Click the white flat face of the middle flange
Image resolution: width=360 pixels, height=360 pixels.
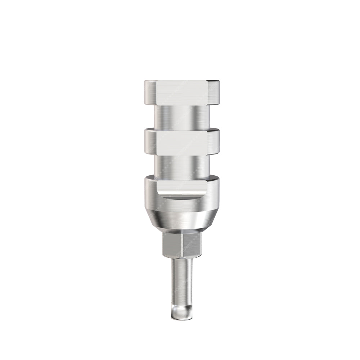point(182,142)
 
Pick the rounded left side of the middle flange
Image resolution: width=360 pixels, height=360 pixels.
point(150,142)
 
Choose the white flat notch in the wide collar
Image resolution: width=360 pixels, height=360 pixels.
point(182,186)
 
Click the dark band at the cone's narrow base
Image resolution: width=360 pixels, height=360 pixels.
point(182,229)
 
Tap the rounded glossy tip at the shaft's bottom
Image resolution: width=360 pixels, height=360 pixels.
point(182,312)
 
